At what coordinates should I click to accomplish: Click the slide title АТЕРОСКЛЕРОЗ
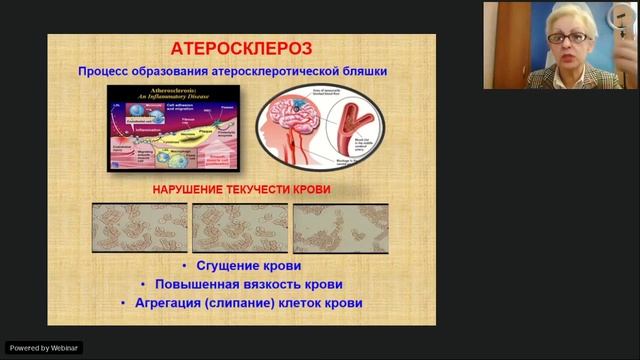[242, 48]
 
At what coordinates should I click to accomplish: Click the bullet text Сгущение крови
[249, 266]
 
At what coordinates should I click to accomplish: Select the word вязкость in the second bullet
[261, 284]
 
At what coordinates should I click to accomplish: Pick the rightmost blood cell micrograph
[340, 228]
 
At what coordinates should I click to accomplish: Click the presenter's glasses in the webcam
[571, 37]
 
